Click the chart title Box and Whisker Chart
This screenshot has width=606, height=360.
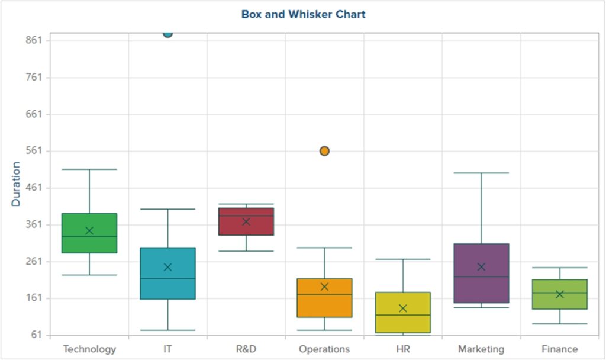303,14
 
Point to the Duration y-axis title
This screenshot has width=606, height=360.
16,184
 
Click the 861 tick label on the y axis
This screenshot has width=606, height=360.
33,40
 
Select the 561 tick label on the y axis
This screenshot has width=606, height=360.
33,151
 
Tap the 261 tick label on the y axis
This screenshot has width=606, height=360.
33,261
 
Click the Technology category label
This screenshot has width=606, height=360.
89,349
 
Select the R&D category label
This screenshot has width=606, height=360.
246,349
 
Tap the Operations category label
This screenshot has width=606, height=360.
324,349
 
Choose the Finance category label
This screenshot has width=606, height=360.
559,349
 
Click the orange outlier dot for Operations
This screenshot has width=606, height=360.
324,151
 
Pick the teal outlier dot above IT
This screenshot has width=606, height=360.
167,33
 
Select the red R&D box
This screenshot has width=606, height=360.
246,228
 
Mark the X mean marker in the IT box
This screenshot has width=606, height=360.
167,267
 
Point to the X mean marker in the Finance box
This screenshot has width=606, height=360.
559,294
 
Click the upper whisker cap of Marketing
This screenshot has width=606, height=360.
481,173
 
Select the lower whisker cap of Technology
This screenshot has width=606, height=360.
89,275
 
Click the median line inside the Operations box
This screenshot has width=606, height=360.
324,294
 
